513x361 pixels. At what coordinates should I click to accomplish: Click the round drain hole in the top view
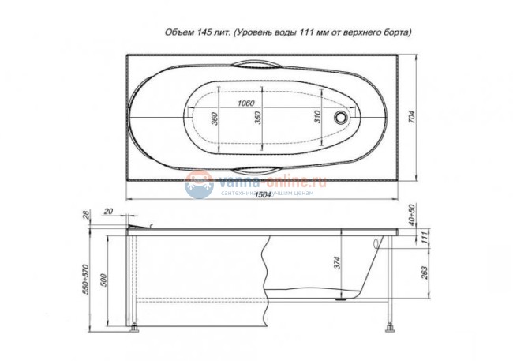[341, 117]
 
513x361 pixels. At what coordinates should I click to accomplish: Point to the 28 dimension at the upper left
[85, 213]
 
